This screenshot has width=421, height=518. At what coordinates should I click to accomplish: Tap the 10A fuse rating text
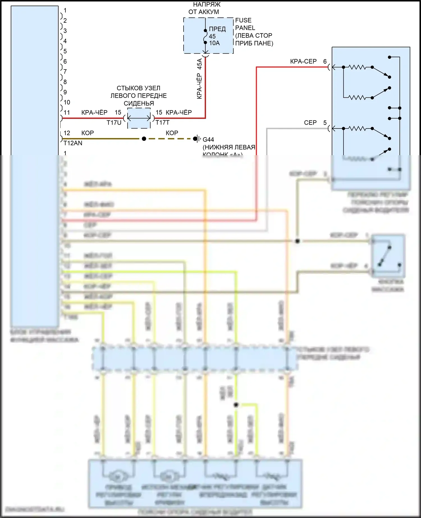[214, 43]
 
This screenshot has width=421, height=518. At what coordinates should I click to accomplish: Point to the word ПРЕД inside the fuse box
[217, 29]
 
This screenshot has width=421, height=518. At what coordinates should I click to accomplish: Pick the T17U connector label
[114, 123]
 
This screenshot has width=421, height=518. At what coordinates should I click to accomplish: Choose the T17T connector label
[163, 123]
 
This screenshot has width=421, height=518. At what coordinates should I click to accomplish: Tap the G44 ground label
[208, 139]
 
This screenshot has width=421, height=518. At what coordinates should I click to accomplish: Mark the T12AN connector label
[73, 143]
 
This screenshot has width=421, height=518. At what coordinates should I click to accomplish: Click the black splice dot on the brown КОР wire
[144, 139]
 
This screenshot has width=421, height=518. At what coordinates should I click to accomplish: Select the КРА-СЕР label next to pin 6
[303, 61]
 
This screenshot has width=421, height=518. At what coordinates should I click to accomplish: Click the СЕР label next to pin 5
[310, 123]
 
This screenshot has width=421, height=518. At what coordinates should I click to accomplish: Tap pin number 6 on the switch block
[325, 61]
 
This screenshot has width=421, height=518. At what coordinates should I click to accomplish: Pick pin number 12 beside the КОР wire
[67, 133]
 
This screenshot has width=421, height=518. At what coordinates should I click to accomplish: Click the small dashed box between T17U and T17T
[139, 118]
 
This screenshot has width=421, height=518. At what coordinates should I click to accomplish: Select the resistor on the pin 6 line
[357, 67]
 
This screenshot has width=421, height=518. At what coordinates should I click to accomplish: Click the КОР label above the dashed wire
[172, 133]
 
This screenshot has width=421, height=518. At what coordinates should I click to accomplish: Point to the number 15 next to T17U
[118, 113]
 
